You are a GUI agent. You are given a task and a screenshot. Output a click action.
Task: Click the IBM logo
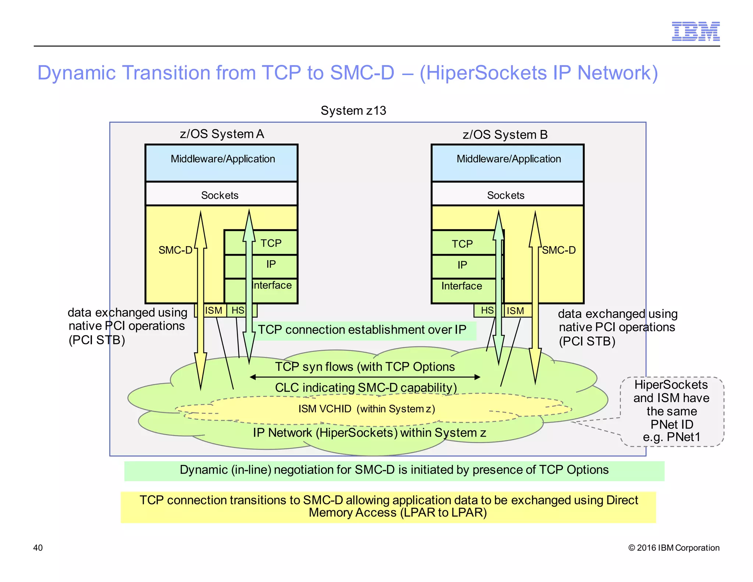[x=695, y=32]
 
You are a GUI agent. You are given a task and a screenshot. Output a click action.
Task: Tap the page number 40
[x=38, y=547]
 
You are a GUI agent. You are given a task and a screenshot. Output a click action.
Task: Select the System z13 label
[x=353, y=111]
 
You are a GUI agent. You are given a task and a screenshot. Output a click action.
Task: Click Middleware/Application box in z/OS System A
[x=222, y=162]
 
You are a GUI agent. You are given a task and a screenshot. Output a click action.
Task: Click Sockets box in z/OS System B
[x=507, y=195]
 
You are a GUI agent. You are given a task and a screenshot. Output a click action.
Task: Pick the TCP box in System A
[x=271, y=243]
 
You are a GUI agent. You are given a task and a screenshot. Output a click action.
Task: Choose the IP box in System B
[x=462, y=265]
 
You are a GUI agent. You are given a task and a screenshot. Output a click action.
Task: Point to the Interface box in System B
[x=461, y=286]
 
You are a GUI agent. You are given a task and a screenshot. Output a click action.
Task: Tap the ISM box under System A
[x=214, y=310]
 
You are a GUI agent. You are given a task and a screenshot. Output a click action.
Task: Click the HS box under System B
[x=487, y=310]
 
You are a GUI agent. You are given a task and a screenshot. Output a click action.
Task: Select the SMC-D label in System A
[x=175, y=250]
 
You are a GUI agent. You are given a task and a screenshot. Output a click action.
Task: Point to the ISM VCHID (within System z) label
[x=366, y=409]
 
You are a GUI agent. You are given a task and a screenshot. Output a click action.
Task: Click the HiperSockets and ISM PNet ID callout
[x=671, y=411]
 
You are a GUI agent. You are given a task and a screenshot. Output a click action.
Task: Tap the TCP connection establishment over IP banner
[x=362, y=330]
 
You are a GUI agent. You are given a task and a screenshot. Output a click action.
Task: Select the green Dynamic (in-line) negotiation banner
[x=394, y=471]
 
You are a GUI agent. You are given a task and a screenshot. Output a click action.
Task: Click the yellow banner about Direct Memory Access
[x=388, y=507]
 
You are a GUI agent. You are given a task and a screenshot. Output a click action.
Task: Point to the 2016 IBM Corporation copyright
[x=674, y=547]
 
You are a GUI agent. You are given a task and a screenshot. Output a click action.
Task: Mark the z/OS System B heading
[x=505, y=135]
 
